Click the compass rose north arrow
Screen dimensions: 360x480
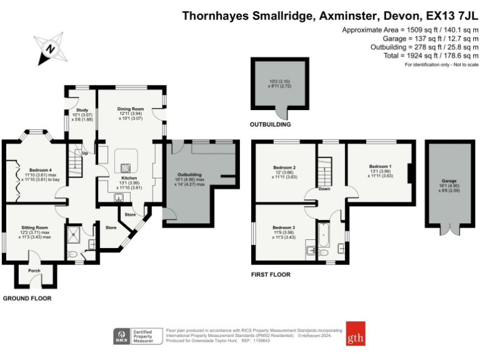pyautogui.click(x=49, y=47)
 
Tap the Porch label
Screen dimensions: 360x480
pyautogui.click(x=34, y=271)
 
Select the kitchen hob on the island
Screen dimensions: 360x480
pyautogui.click(x=126, y=167)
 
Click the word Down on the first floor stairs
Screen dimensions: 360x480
pyautogui.click(x=324, y=188)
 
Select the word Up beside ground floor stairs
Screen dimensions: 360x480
pyautogui.click(x=84, y=153)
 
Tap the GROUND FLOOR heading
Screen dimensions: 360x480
pyautogui.click(x=27, y=299)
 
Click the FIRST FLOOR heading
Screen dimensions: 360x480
pyautogui.click(x=271, y=274)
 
